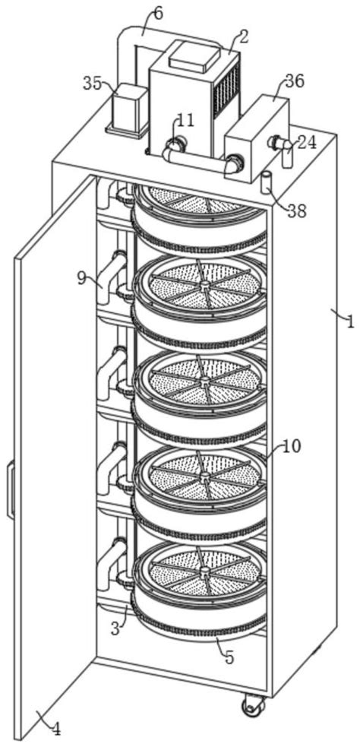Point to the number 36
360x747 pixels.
click(x=295, y=82)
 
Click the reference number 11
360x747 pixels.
click(x=186, y=121)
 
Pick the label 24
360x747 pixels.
click(x=307, y=142)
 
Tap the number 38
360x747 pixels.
click(x=297, y=211)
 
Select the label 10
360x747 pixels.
click(x=291, y=446)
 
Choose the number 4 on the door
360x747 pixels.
click(x=56, y=730)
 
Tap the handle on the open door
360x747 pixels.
click(x=11, y=489)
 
